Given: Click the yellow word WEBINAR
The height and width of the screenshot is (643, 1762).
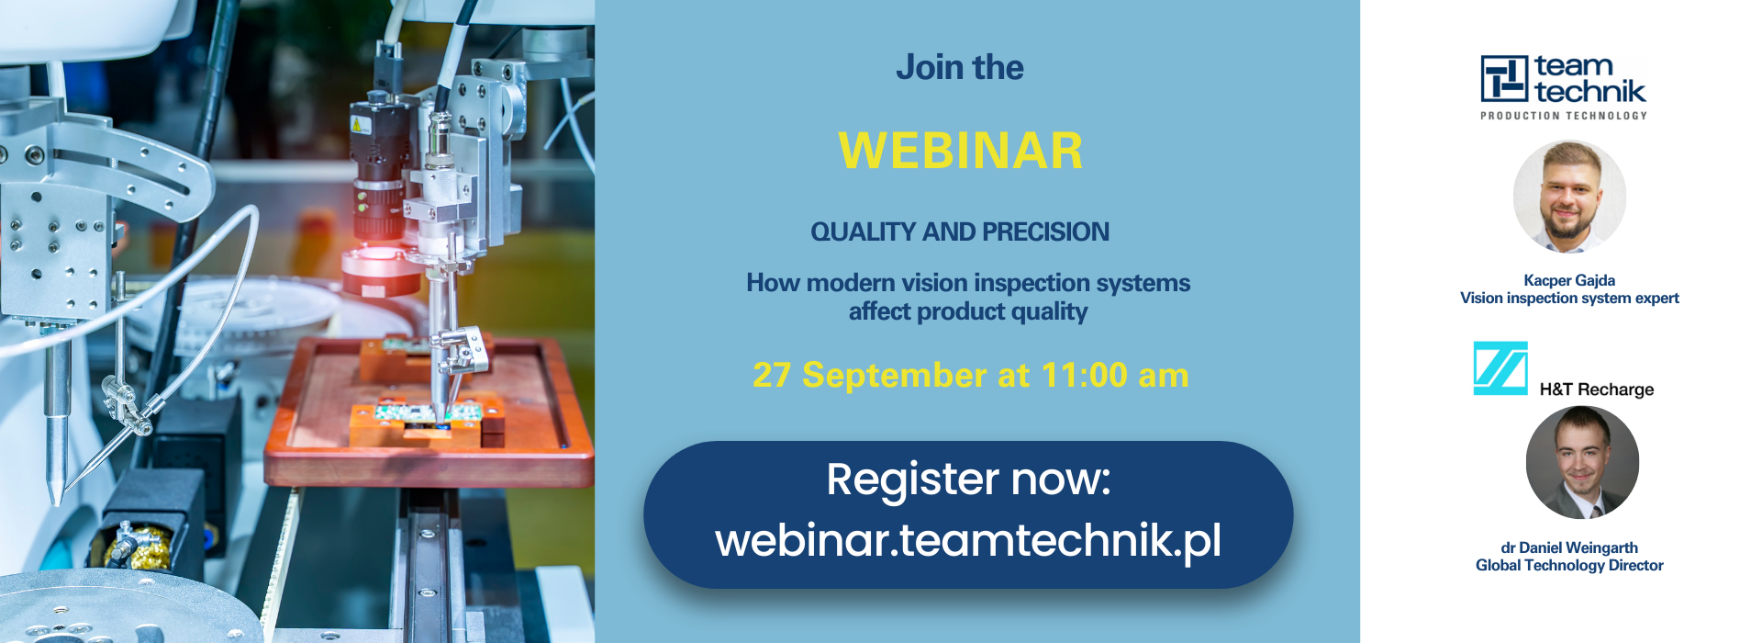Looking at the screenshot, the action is point(960,151).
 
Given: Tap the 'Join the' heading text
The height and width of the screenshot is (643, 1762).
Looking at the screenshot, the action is point(960,67).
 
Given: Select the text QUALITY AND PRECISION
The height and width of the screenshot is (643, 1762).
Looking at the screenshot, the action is point(960,231).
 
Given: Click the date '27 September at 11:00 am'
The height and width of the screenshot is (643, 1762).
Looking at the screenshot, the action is point(970,375).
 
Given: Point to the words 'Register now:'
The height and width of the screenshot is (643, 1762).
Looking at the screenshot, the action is point(968,479).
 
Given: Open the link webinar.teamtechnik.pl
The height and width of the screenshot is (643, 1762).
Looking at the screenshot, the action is point(968,540).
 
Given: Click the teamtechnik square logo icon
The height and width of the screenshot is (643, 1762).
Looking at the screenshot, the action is point(1504,78).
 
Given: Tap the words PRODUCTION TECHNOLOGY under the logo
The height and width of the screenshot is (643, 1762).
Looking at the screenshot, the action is point(1564,116).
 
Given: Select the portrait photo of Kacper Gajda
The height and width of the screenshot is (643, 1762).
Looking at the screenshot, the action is point(1569,197).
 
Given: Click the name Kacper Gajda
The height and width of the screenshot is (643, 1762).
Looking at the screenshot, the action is point(1569,280).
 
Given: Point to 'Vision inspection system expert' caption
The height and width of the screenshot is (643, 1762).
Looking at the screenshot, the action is point(1569,298).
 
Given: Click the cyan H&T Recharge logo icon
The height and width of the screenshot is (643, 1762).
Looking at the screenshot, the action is point(1500,368).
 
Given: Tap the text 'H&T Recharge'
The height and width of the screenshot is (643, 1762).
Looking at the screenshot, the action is point(1597,389).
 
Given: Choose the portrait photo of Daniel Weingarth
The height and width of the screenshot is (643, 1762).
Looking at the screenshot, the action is point(1582,463).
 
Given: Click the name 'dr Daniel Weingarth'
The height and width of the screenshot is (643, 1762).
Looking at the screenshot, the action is point(1569,547).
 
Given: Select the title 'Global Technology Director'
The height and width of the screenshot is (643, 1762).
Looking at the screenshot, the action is point(1569,565).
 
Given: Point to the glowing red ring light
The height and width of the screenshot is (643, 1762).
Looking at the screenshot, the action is point(381,266).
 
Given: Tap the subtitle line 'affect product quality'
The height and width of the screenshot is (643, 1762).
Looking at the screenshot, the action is point(968,312).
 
